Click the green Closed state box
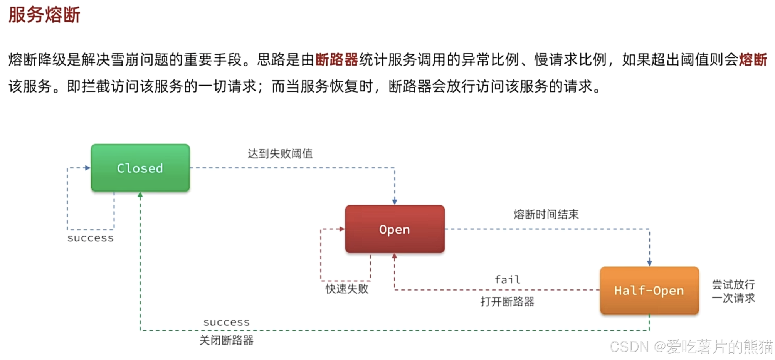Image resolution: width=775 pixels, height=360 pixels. tap(140, 168)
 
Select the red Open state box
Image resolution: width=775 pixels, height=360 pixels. tap(395, 229)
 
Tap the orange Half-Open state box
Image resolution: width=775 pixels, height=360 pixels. tap(649, 291)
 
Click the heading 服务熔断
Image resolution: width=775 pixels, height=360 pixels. tap(44, 15)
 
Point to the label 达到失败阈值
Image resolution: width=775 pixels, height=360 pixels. tap(280, 154)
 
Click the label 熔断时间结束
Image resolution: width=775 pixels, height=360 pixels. tap(546, 214)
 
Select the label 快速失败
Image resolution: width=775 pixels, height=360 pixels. tap(347, 289)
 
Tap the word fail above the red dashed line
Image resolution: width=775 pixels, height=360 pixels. tap(508, 279)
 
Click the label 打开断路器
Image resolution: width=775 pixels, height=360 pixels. tap(508, 301)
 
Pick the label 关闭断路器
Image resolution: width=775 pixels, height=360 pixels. tap(227, 340)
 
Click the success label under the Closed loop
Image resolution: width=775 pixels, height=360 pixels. tap(91, 238)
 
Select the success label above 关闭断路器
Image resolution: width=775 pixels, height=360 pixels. tap(227, 322)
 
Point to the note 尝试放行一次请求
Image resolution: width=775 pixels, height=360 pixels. tap(733, 291)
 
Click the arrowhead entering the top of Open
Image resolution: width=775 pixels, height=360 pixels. tap(395, 202)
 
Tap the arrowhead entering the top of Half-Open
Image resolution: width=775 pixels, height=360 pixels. tap(649, 263)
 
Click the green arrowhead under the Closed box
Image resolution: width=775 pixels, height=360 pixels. tap(140, 195)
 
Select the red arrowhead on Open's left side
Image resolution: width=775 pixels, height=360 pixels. tap(342, 229)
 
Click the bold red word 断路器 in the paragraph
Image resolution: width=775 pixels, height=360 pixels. tap(337, 60)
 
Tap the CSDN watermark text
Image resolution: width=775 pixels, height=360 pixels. tap(691, 347)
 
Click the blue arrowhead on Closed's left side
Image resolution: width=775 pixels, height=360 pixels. tap(87, 168)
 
